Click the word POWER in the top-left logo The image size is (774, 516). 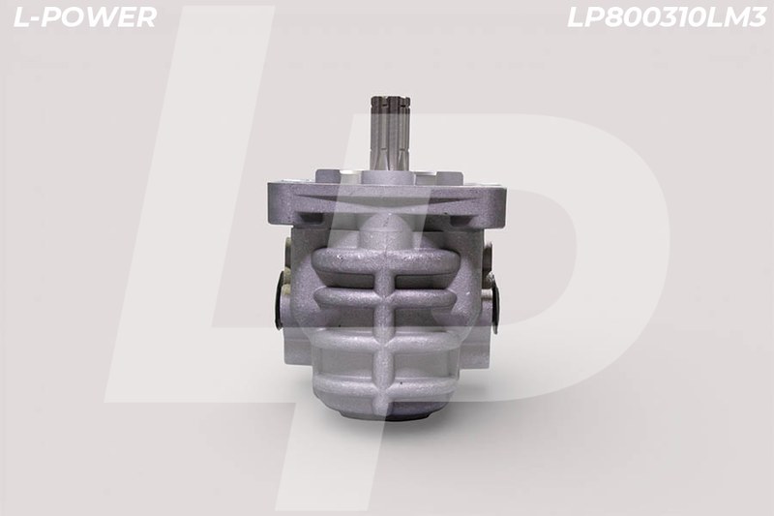click(100, 16)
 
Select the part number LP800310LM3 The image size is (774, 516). click(667, 17)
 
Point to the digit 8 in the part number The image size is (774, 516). click(615, 17)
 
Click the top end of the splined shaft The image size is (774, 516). click(390, 98)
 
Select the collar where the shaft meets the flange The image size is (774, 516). click(390, 176)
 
